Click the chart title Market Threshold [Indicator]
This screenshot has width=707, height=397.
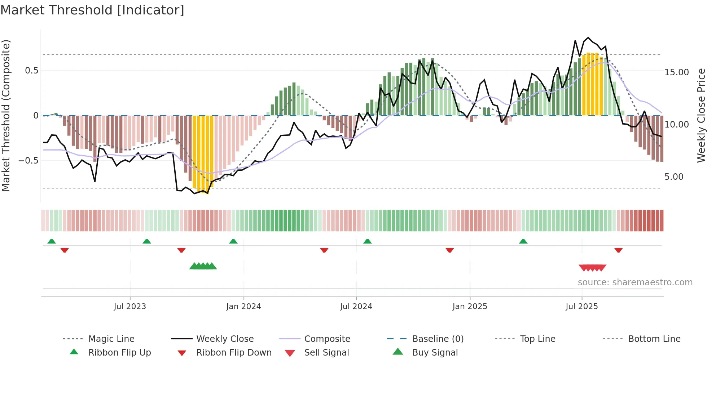pos(92,10)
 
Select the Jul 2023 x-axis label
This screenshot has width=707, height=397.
pos(130,307)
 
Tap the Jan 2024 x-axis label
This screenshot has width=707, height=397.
pos(243,307)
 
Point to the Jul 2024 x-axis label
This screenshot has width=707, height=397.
pos(356,307)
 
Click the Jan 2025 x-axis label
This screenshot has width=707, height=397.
pos(470,307)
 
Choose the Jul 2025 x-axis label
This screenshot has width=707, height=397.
pos(581,307)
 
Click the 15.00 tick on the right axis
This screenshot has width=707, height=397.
pos(676,72)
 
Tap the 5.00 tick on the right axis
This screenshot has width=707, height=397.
pos(673,177)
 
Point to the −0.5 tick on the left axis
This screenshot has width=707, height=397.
pos(28,161)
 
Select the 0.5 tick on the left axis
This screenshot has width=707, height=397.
pos(31,71)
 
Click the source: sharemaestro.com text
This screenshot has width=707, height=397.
pos(635,282)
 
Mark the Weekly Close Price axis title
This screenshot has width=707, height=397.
pos(701,115)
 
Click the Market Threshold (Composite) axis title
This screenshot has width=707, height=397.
pos(6,115)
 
